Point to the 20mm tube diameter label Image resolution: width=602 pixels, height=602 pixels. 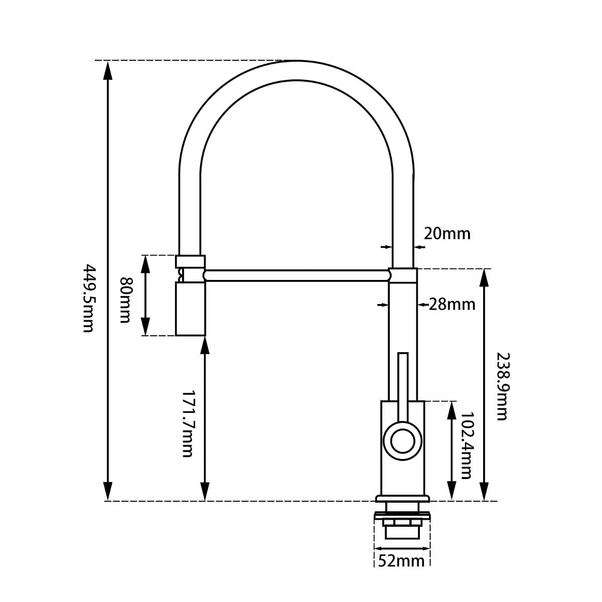(x=447, y=233)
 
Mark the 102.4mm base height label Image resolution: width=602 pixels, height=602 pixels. (x=466, y=446)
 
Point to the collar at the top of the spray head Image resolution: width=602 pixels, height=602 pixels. (x=190, y=261)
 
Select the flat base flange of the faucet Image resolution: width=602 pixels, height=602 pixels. (x=402, y=499)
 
